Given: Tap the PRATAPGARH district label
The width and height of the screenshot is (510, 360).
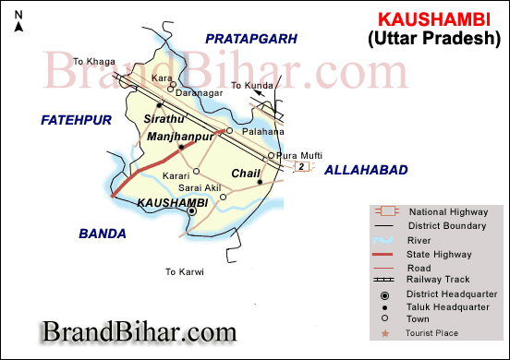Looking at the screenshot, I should pos(250,39).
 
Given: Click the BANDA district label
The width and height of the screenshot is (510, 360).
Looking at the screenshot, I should pos(102,234).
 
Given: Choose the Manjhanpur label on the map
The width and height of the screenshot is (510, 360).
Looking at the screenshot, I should pos(179,136).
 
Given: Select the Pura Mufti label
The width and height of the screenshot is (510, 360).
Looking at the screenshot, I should pos(299,156).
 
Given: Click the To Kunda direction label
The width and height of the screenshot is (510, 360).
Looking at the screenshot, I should pos(250,85).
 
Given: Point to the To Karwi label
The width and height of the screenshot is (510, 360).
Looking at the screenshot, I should pos(184,272).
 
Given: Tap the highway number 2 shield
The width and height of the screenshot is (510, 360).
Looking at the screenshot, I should pos(301,167).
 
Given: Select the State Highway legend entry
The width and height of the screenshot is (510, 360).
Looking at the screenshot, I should pos(440,253).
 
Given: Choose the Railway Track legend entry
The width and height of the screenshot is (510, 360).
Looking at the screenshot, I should pos(440,279).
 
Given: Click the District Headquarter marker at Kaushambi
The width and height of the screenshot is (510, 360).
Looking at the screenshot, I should pos(192,211).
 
